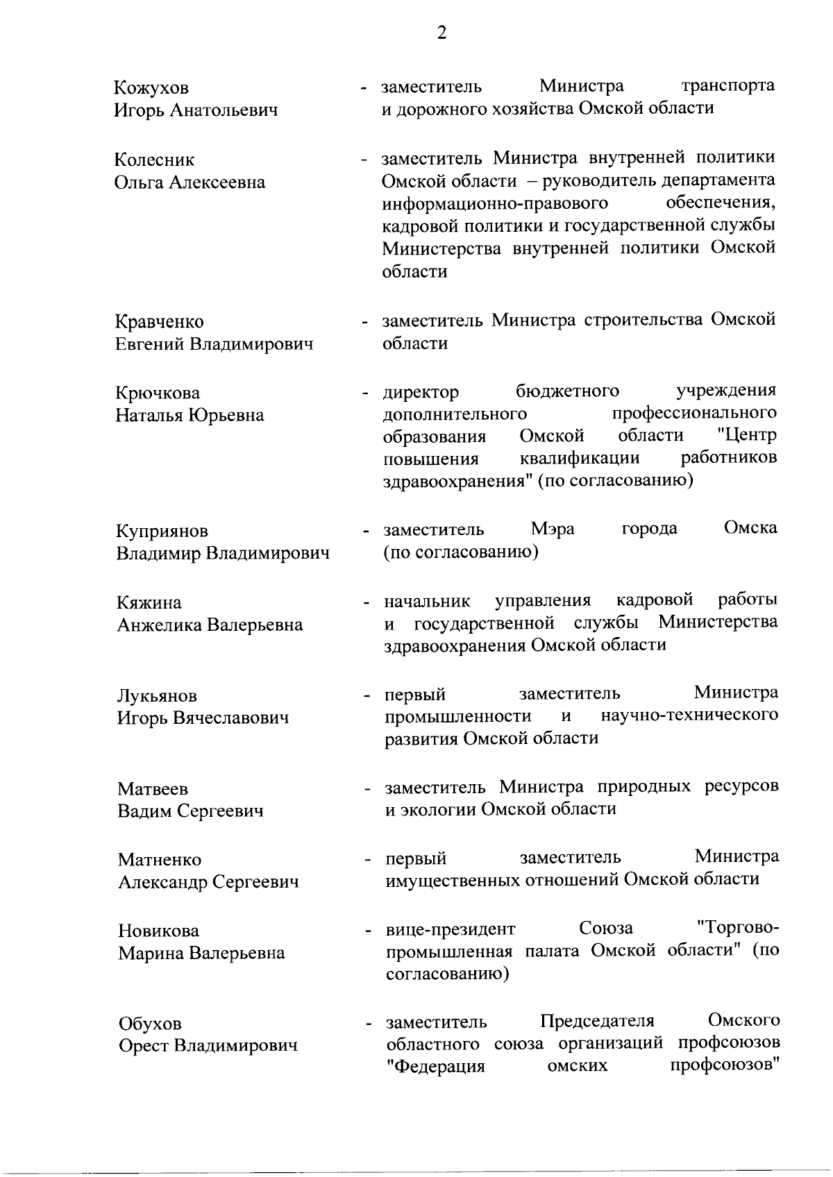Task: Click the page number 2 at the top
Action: click(x=441, y=33)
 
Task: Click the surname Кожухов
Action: click(x=151, y=88)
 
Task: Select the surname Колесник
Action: click(x=154, y=160)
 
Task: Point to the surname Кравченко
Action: click(x=159, y=322)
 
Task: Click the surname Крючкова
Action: click(x=158, y=393)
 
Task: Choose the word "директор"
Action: click(x=421, y=392)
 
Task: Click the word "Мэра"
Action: click(x=553, y=529)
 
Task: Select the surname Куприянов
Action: click(x=161, y=532)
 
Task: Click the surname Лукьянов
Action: click(x=157, y=695)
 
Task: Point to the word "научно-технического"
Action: click(x=689, y=715)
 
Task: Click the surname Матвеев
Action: click(x=153, y=789)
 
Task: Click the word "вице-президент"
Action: click(x=451, y=929)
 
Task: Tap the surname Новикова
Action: click(x=158, y=931)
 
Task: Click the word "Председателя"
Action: click(x=597, y=1021)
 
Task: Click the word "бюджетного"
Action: click(x=568, y=391)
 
